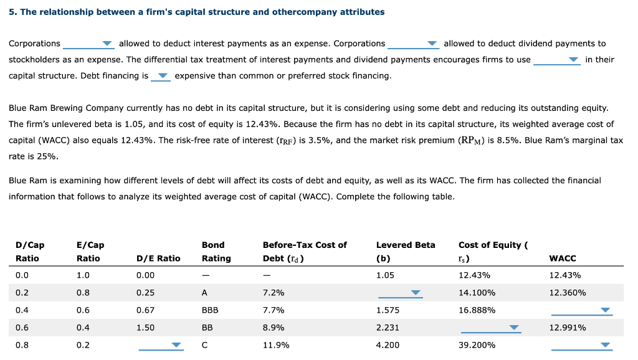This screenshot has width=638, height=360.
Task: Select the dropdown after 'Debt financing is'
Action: [161, 77]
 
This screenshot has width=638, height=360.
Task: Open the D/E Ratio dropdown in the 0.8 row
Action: [161, 346]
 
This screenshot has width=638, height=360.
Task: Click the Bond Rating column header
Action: [216, 252]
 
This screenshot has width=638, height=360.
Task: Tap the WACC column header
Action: [563, 258]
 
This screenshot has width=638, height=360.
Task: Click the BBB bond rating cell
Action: [210, 310]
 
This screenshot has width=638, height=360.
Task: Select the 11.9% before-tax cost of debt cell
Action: [275, 345]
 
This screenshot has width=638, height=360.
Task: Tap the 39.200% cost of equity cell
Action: [477, 345]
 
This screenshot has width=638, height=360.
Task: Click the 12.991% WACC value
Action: [567, 328]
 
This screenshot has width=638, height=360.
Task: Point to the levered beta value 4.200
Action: [388, 345]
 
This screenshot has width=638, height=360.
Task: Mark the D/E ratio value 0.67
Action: [145, 310]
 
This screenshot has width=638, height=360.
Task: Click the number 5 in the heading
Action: [11, 12]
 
